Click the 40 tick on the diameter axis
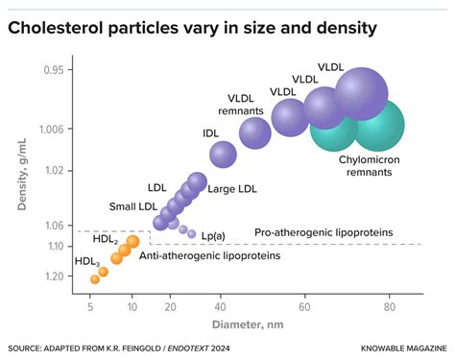[221, 307]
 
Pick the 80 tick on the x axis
[389, 307]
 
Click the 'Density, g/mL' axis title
[22, 177]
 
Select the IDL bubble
[223, 154]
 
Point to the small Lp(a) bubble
[192, 233]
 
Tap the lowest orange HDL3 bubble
[95, 279]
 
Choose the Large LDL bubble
[197, 180]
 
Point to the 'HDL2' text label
[107, 239]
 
